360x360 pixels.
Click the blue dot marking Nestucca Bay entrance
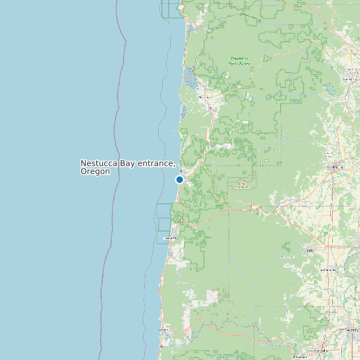pos(179,179)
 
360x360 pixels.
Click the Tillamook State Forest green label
pos(240,60)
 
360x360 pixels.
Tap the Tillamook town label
pos(203,97)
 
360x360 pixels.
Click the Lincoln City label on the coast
pos(171,238)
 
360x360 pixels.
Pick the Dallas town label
pos(310,250)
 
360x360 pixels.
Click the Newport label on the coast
pos(163,329)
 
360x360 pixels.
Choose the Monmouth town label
pos(327,270)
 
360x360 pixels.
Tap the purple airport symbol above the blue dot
pos(180,170)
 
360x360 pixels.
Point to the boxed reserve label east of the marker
pos(242,183)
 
